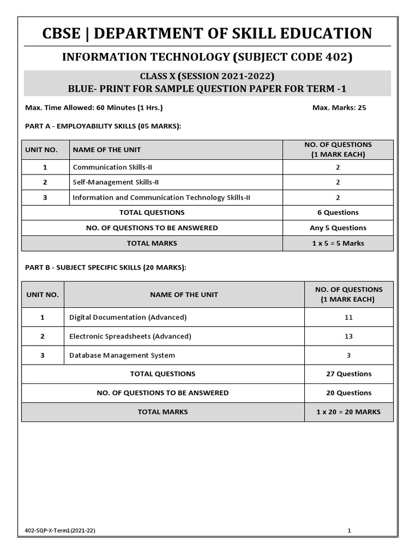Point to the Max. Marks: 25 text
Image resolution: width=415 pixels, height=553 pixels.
pos(339,107)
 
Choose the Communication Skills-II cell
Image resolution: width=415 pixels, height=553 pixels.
pos(112,167)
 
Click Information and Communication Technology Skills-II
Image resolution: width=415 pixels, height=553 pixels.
pos(161,198)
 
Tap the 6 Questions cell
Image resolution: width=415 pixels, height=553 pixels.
pos(338,213)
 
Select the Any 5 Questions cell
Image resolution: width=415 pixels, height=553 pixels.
pos(338,228)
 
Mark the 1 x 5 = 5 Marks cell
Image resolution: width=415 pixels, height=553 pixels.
pos(338,243)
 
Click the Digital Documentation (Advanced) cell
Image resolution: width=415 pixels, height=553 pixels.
pos(128,317)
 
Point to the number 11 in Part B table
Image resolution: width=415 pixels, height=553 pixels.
pos(349,317)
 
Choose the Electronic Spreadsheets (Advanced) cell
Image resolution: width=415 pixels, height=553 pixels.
pos(130,336)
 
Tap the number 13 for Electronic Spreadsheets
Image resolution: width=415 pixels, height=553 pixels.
pos(349,336)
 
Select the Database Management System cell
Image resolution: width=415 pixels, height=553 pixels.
pos(122,355)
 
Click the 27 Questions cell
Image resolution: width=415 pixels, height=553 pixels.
pos(349,374)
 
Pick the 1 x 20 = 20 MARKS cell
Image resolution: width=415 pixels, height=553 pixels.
pos(349,412)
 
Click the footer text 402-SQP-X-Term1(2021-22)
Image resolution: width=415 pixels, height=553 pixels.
pos(60,531)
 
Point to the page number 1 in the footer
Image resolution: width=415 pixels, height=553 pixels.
pos(350,531)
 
